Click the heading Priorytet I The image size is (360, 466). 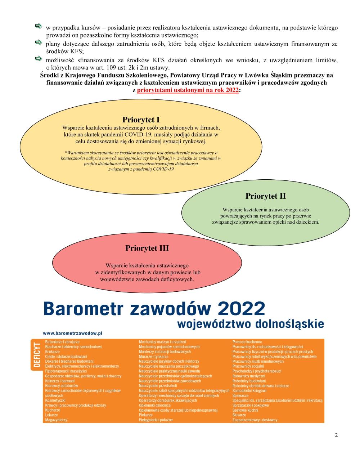(141, 120)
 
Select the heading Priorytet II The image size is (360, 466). (266, 196)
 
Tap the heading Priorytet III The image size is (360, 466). (147, 248)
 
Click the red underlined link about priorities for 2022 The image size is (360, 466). (188, 90)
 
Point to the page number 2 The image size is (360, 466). (336, 435)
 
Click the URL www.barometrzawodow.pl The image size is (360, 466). (73, 334)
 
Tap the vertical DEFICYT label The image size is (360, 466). (36, 355)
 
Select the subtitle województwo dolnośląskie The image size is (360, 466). (250, 323)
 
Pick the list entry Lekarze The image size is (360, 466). (51, 415)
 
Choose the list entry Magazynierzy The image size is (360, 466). (56, 420)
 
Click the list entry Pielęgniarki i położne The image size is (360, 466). (156, 420)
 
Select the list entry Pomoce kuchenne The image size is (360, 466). (247, 342)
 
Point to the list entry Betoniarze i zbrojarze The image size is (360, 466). (62, 342)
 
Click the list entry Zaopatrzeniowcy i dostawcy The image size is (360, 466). (255, 420)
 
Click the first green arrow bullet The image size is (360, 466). (38, 27)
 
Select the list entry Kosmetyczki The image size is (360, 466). (55, 400)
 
